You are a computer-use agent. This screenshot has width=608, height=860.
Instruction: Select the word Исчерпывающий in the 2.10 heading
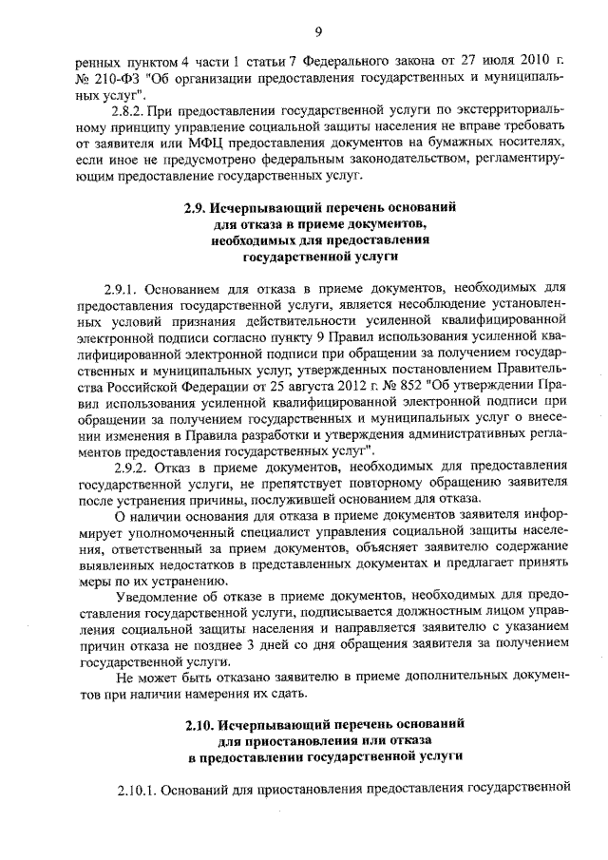pyautogui.click(x=275, y=725)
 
